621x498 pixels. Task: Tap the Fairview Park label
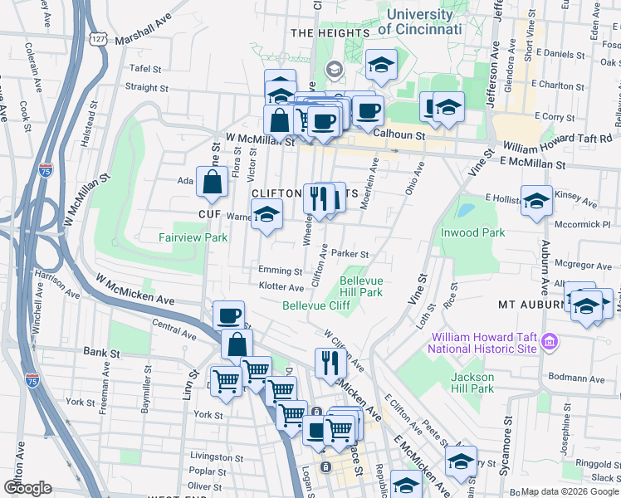193,237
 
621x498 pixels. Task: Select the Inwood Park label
472,232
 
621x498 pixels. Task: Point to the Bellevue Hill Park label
360,286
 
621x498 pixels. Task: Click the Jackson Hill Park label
472,382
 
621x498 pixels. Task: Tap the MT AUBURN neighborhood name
531,305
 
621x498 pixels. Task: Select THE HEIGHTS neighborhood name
330,32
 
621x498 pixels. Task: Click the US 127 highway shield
97,40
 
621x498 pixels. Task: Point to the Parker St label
349,254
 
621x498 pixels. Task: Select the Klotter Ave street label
281,287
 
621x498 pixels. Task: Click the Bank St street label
102,353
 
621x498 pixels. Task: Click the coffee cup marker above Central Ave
228,315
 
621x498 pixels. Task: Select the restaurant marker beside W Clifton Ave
330,362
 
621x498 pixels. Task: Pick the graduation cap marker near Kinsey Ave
536,200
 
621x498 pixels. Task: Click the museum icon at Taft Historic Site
548,341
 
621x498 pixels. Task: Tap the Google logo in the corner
27,488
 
